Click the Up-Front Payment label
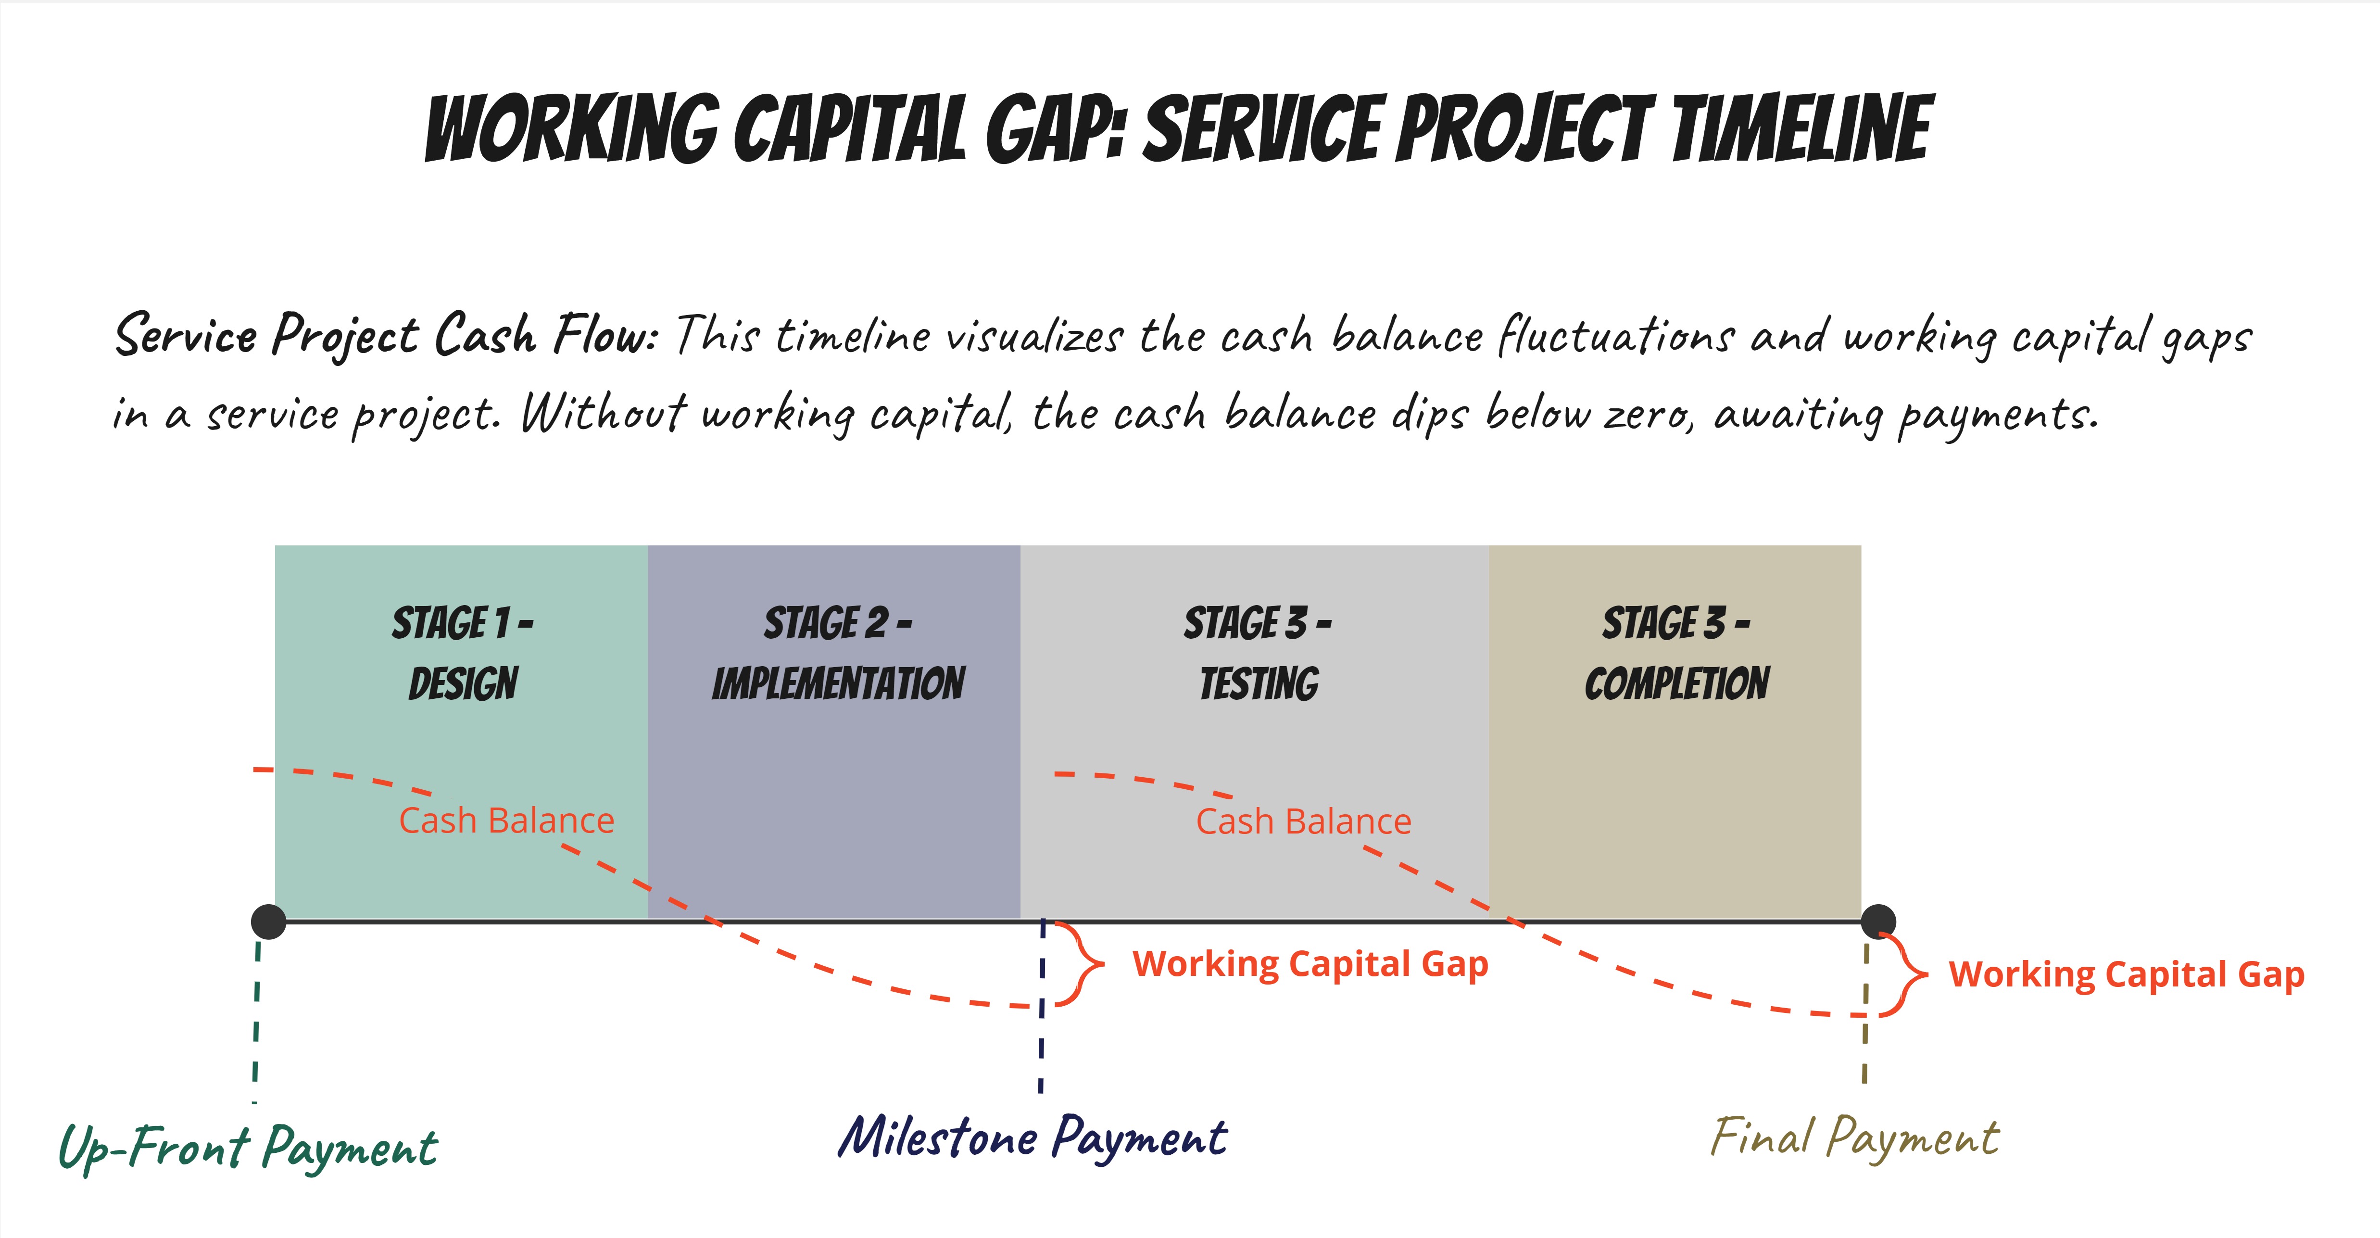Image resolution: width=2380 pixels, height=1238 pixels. click(248, 1148)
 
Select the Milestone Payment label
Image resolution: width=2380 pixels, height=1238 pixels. click(1032, 1137)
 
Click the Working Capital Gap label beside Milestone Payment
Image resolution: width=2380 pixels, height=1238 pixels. click(1310, 963)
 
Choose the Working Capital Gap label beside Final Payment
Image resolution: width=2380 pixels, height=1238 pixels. click(2126, 975)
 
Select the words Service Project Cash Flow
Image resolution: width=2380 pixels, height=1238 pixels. click(385, 334)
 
